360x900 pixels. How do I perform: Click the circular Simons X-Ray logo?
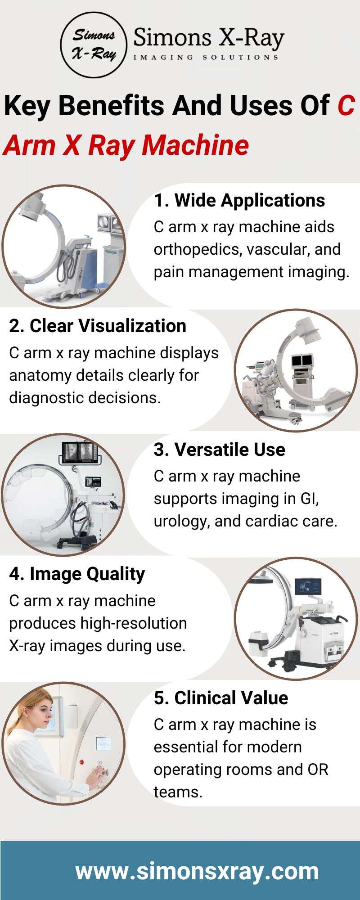point(94,45)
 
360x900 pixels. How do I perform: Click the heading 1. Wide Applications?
point(239,200)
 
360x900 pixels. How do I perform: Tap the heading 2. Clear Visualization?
point(98,326)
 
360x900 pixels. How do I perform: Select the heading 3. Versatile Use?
point(220,450)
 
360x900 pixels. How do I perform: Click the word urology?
point(180,521)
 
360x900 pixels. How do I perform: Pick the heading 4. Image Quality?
point(77,574)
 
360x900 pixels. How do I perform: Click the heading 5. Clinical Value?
point(221,698)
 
